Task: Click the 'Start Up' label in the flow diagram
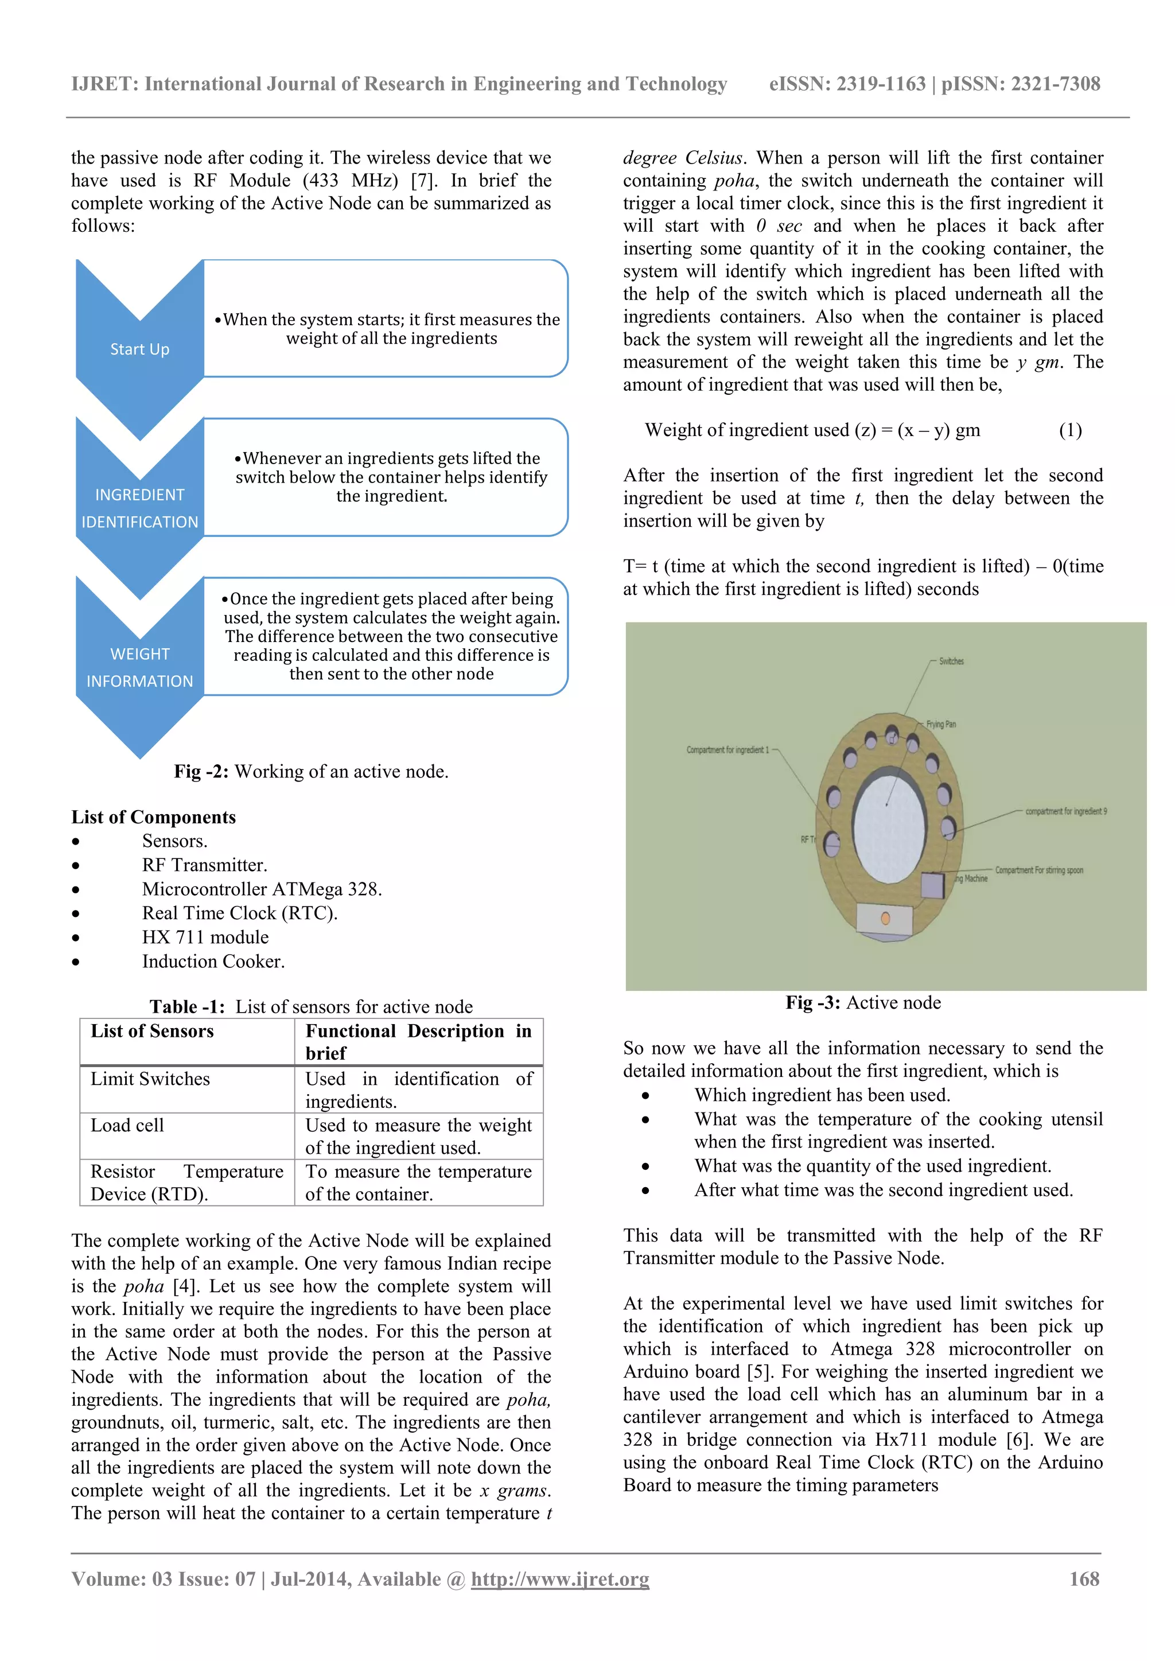click(x=139, y=349)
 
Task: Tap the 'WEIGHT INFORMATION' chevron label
click(x=139, y=667)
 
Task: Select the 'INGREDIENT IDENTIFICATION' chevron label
click(x=139, y=508)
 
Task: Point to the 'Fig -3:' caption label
click(x=812, y=1003)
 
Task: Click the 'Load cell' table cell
click(x=127, y=1125)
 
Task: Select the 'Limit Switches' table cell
click(x=150, y=1079)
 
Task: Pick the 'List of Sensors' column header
click(x=152, y=1031)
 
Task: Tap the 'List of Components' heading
click(x=153, y=817)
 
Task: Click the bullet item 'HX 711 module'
click(x=205, y=937)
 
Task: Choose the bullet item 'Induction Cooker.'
click(x=213, y=962)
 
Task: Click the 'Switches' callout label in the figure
click(x=951, y=661)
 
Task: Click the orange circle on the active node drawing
click(x=885, y=919)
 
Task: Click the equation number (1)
click(x=1070, y=430)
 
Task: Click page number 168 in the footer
click(x=1084, y=1580)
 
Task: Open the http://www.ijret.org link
click(x=560, y=1580)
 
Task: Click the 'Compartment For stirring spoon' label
click(x=1038, y=870)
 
